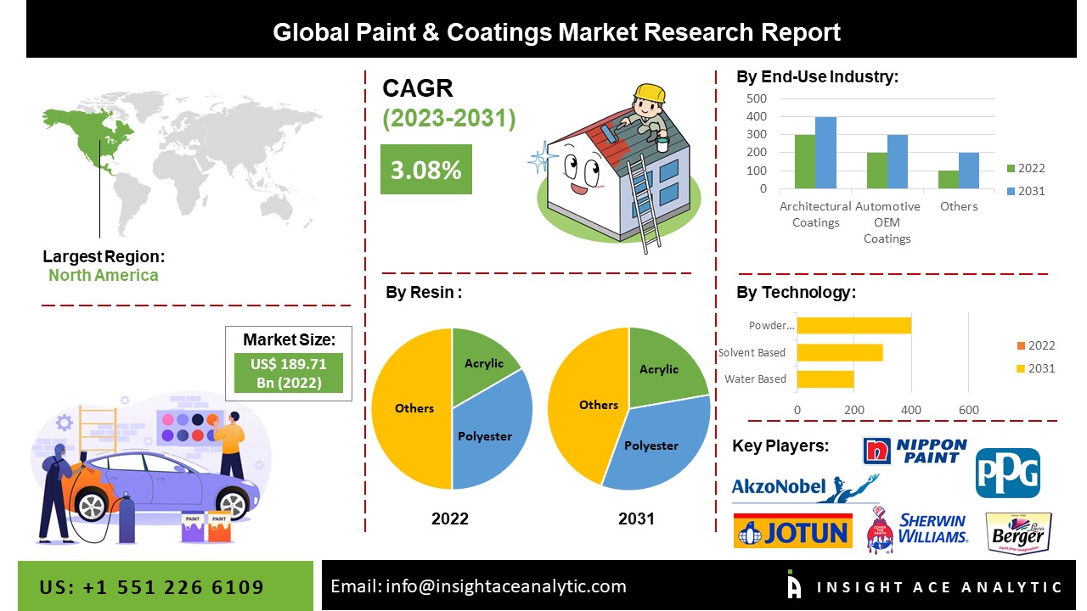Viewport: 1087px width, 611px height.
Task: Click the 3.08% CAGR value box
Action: pyautogui.click(x=425, y=170)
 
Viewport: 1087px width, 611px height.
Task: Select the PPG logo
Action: pyautogui.click(x=1007, y=473)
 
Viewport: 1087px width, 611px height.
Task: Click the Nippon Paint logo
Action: pyautogui.click(x=915, y=451)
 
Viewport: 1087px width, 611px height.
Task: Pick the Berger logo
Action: pyautogui.click(x=1018, y=533)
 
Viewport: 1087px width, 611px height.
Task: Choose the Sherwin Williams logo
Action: pyautogui.click(x=917, y=532)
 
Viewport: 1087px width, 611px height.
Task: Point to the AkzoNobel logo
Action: pyautogui.click(x=803, y=487)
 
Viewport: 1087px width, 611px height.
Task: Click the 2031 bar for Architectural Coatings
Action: pyautogui.click(x=825, y=153)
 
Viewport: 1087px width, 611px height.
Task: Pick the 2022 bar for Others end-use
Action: pyautogui.click(x=948, y=179)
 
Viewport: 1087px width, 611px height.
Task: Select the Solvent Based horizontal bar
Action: pyautogui.click(x=839, y=352)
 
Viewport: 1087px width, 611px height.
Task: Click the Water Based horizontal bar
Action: pyautogui.click(x=825, y=379)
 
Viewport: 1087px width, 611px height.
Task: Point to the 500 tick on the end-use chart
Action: pyautogui.click(x=757, y=98)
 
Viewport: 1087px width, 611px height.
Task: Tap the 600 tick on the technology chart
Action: pyautogui.click(x=968, y=411)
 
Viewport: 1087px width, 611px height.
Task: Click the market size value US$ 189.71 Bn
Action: pyautogui.click(x=289, y=373)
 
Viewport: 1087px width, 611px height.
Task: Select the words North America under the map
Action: pyautogui.click(x=103, y=275)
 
